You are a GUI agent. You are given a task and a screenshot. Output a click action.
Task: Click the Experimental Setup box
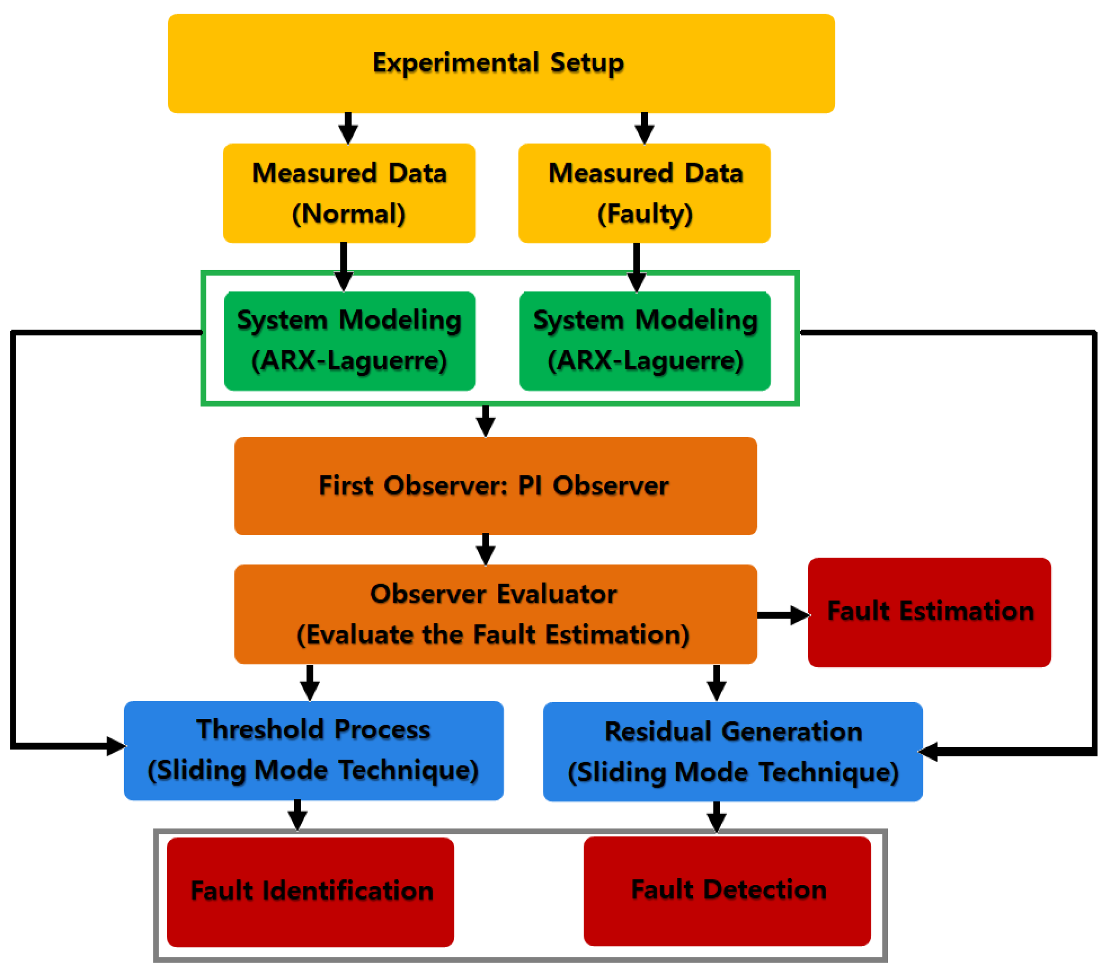click(501, 63)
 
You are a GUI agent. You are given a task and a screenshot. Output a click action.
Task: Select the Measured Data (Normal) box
click(349, 193)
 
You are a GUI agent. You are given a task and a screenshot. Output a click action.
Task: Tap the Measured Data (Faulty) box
click(644, 193)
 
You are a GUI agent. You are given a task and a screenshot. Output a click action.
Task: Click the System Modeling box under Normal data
click(349, 341)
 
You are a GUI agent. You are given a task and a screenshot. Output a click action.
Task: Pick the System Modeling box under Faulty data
click(645, 341)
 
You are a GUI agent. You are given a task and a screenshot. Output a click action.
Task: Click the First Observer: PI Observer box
click(495, 486)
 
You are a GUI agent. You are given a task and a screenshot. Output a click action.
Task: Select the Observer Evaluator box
click(495, 614)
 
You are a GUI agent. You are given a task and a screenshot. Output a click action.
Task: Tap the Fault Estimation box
click(929, 612)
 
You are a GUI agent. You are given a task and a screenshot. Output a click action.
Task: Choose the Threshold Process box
click(313, 750)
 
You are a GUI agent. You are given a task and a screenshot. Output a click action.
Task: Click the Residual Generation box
click(733, 752)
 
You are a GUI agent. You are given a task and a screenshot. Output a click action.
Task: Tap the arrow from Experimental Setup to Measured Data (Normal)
click(348, 129)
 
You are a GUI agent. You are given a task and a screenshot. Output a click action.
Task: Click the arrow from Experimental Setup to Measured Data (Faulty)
click(644, 129)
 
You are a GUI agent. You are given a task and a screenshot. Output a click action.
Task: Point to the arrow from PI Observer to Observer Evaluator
click(485, 550)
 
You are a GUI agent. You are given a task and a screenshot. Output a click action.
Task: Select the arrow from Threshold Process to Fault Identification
click(297, 815)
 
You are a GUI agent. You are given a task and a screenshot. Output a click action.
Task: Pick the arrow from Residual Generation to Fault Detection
click(716, 816)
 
